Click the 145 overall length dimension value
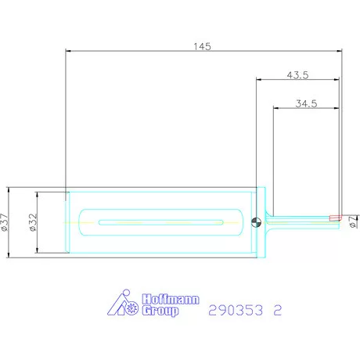(202, 46)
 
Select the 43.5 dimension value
(297, 75)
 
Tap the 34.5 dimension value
(306, 103)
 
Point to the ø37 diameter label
(5, 222)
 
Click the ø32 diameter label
(33, 222)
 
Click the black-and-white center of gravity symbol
(256, 222)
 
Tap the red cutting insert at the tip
(335, 218)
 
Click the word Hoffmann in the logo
(171, 299)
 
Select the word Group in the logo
(160, 311)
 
